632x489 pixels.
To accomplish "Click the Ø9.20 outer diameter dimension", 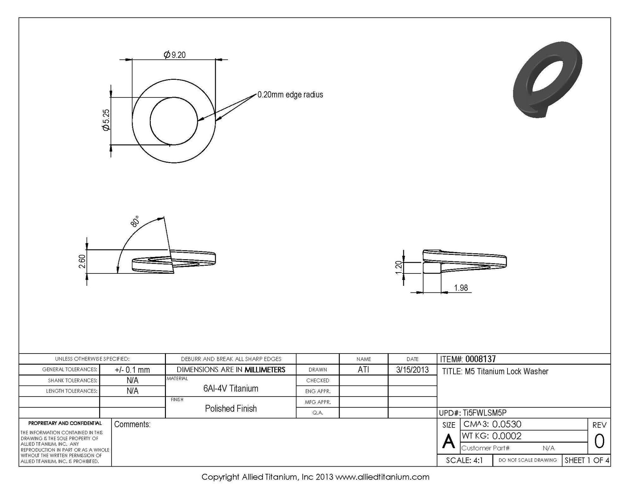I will click(175, 55).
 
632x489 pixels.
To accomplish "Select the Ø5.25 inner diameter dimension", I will click(106, 120).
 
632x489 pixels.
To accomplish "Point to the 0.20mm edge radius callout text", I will click(290, 95).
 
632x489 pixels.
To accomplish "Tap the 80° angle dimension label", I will click(135, 221).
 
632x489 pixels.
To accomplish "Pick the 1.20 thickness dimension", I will click(398, 267).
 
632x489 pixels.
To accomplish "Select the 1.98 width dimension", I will click(461, 288).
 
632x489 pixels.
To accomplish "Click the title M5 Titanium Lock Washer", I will click(495, 371).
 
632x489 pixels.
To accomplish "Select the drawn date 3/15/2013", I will click(412, 370).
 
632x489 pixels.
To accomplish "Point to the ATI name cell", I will click(363, 370).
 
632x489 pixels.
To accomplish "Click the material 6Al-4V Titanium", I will click(231, 388).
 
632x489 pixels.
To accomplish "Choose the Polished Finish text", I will click(231, 408).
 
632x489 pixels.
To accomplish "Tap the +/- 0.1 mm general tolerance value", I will click(132, 370).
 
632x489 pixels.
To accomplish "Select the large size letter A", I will click(448, 442).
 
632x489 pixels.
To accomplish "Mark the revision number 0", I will click(599, 442).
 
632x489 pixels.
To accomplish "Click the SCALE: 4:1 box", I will click(464, 460).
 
